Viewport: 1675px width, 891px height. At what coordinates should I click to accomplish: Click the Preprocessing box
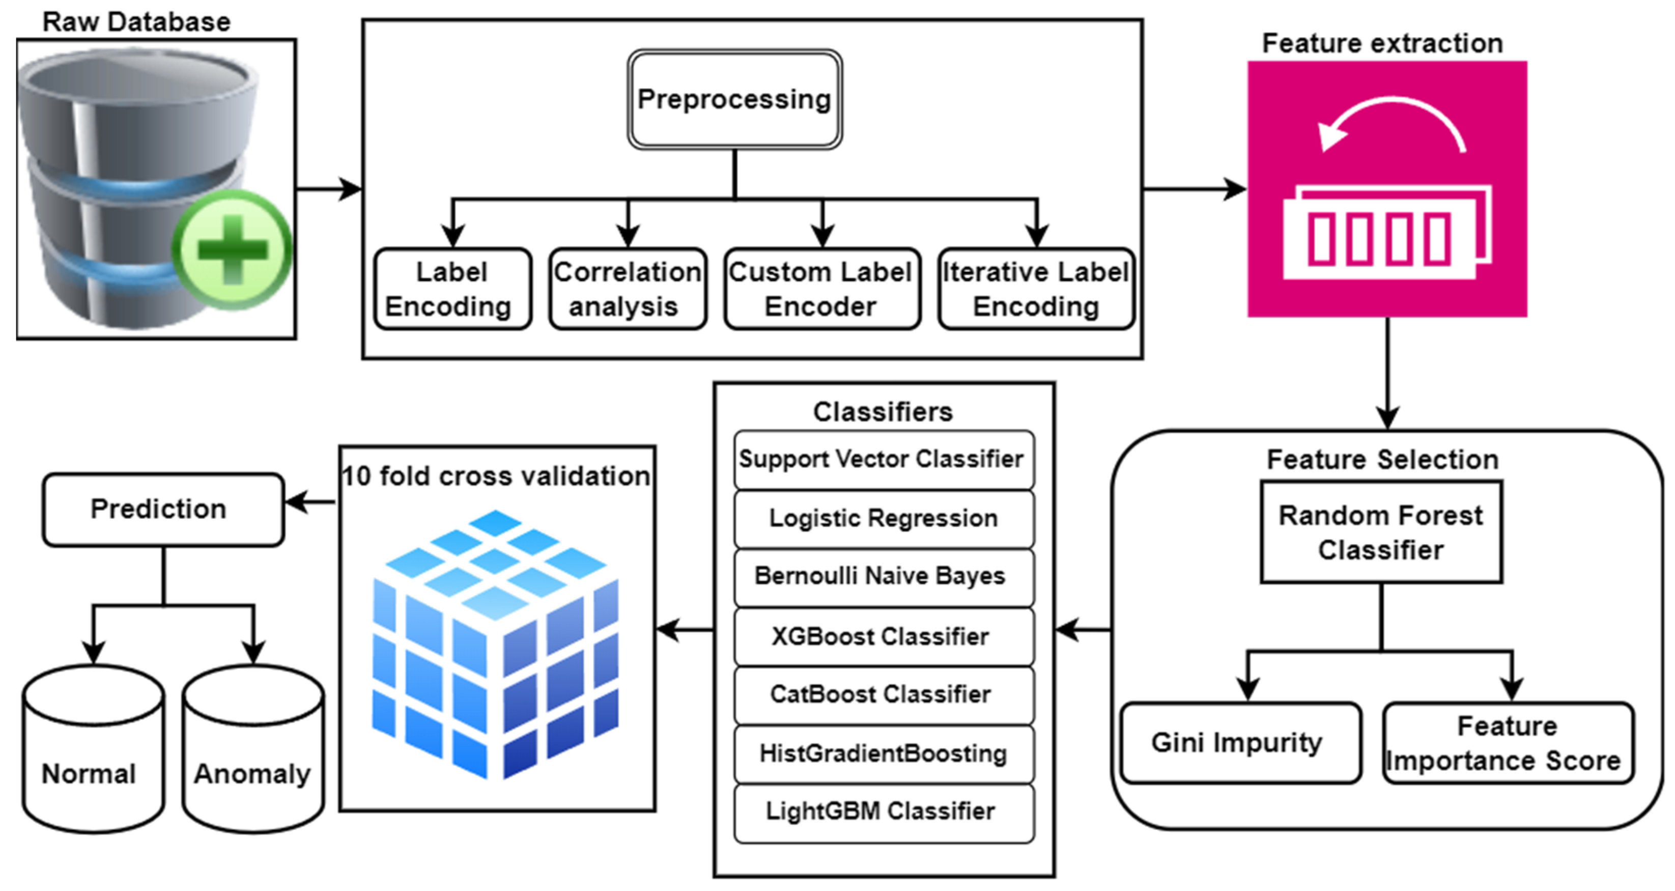[735, 99]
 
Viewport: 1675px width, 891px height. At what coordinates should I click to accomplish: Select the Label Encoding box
[452, 289]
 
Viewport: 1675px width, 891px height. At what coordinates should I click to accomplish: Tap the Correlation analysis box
[628, 289]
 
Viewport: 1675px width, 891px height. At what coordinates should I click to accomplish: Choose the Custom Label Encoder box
[822, 289]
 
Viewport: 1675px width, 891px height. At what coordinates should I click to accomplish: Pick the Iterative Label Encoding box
[1036, 289]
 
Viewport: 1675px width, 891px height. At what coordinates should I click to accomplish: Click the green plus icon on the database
[232, 250]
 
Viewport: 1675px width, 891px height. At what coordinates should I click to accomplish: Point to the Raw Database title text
[136, 21]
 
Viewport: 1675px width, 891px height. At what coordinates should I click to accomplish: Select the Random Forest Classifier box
[1381, 532]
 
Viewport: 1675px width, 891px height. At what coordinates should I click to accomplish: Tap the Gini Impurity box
[1239, 742]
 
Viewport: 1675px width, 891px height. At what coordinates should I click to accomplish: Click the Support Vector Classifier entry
[883, 459]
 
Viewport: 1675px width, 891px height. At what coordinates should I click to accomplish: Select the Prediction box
[162, 509]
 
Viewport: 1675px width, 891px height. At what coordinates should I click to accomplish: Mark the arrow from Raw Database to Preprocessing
[329, 189]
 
